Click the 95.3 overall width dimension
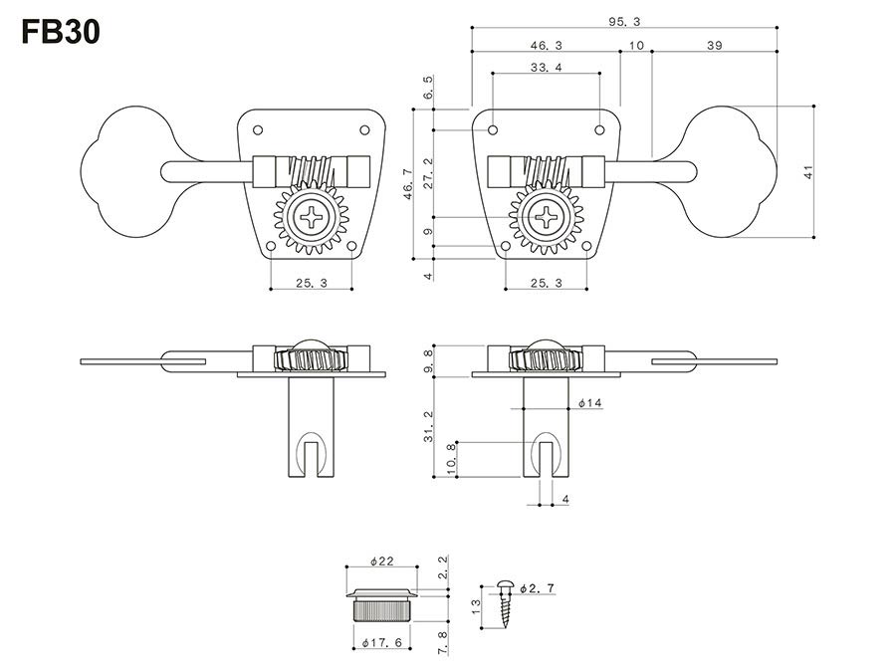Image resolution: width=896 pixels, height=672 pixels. tap(624, 21)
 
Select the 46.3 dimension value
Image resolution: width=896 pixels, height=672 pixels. tap(546, 46)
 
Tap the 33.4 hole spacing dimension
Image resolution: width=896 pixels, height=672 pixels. tap(546, 67)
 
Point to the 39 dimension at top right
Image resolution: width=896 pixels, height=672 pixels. tap(714, 46)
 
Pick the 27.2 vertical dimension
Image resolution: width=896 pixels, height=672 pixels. tap(429, 172)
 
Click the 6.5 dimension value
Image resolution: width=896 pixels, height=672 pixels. tap(429, 87)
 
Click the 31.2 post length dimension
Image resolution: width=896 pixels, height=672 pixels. tap(429, 426)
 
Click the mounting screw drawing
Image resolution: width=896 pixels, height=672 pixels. tap(507, 603)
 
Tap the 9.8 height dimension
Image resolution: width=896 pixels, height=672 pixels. tap(429, 359)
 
